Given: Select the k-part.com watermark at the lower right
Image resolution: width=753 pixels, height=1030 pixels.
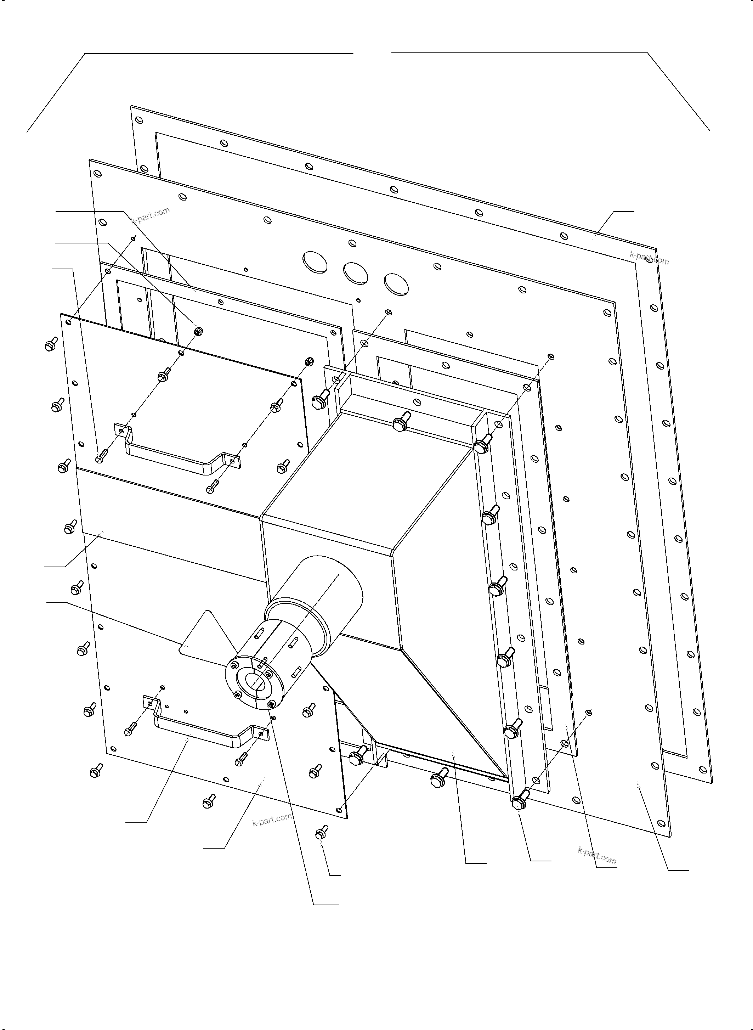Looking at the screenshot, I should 597,856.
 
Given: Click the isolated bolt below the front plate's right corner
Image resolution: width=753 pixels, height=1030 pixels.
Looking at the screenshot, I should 321,833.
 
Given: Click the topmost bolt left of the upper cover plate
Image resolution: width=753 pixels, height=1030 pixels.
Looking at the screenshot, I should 51,344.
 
